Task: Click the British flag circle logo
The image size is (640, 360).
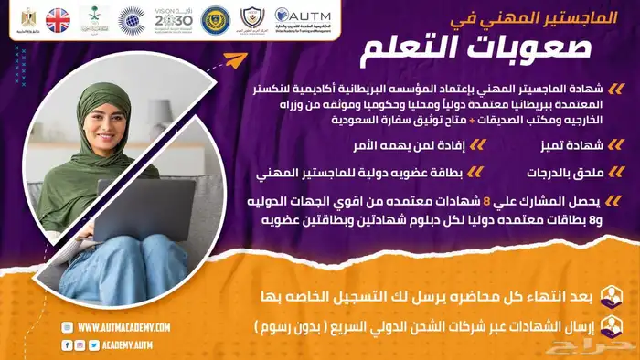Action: point(59,20)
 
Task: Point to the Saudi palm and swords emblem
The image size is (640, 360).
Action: point(95,18)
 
